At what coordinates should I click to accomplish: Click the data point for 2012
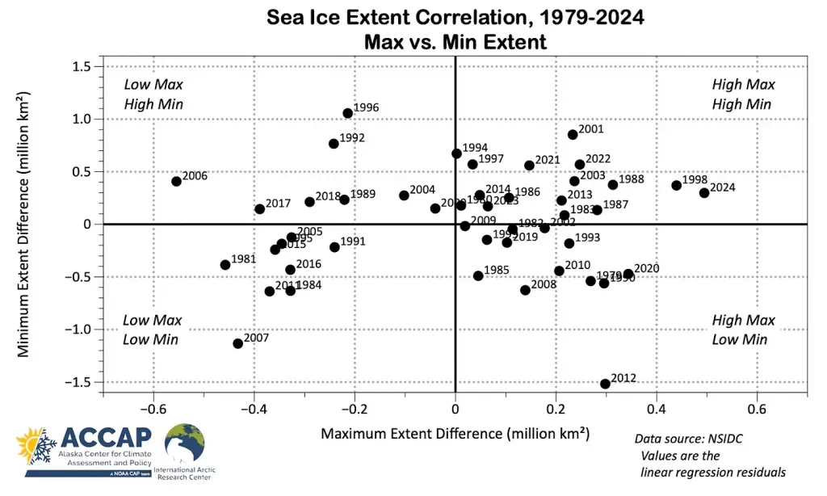605,384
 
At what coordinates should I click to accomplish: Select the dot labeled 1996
347,113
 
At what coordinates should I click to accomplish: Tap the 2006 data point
176,181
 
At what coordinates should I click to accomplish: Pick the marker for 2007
237,343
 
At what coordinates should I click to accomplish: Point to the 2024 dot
704,192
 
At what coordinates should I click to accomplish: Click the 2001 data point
573,135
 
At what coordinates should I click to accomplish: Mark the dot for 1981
225,265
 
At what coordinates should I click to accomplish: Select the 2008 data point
525,290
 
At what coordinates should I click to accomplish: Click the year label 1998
695,180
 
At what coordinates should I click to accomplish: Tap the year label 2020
647,269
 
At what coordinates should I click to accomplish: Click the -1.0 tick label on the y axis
79,330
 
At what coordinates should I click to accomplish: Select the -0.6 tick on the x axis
153,409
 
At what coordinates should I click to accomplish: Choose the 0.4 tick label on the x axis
656,409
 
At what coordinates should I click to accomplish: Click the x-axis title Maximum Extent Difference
455,434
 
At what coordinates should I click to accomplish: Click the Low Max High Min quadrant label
153,95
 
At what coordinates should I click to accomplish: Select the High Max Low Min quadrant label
743,330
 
